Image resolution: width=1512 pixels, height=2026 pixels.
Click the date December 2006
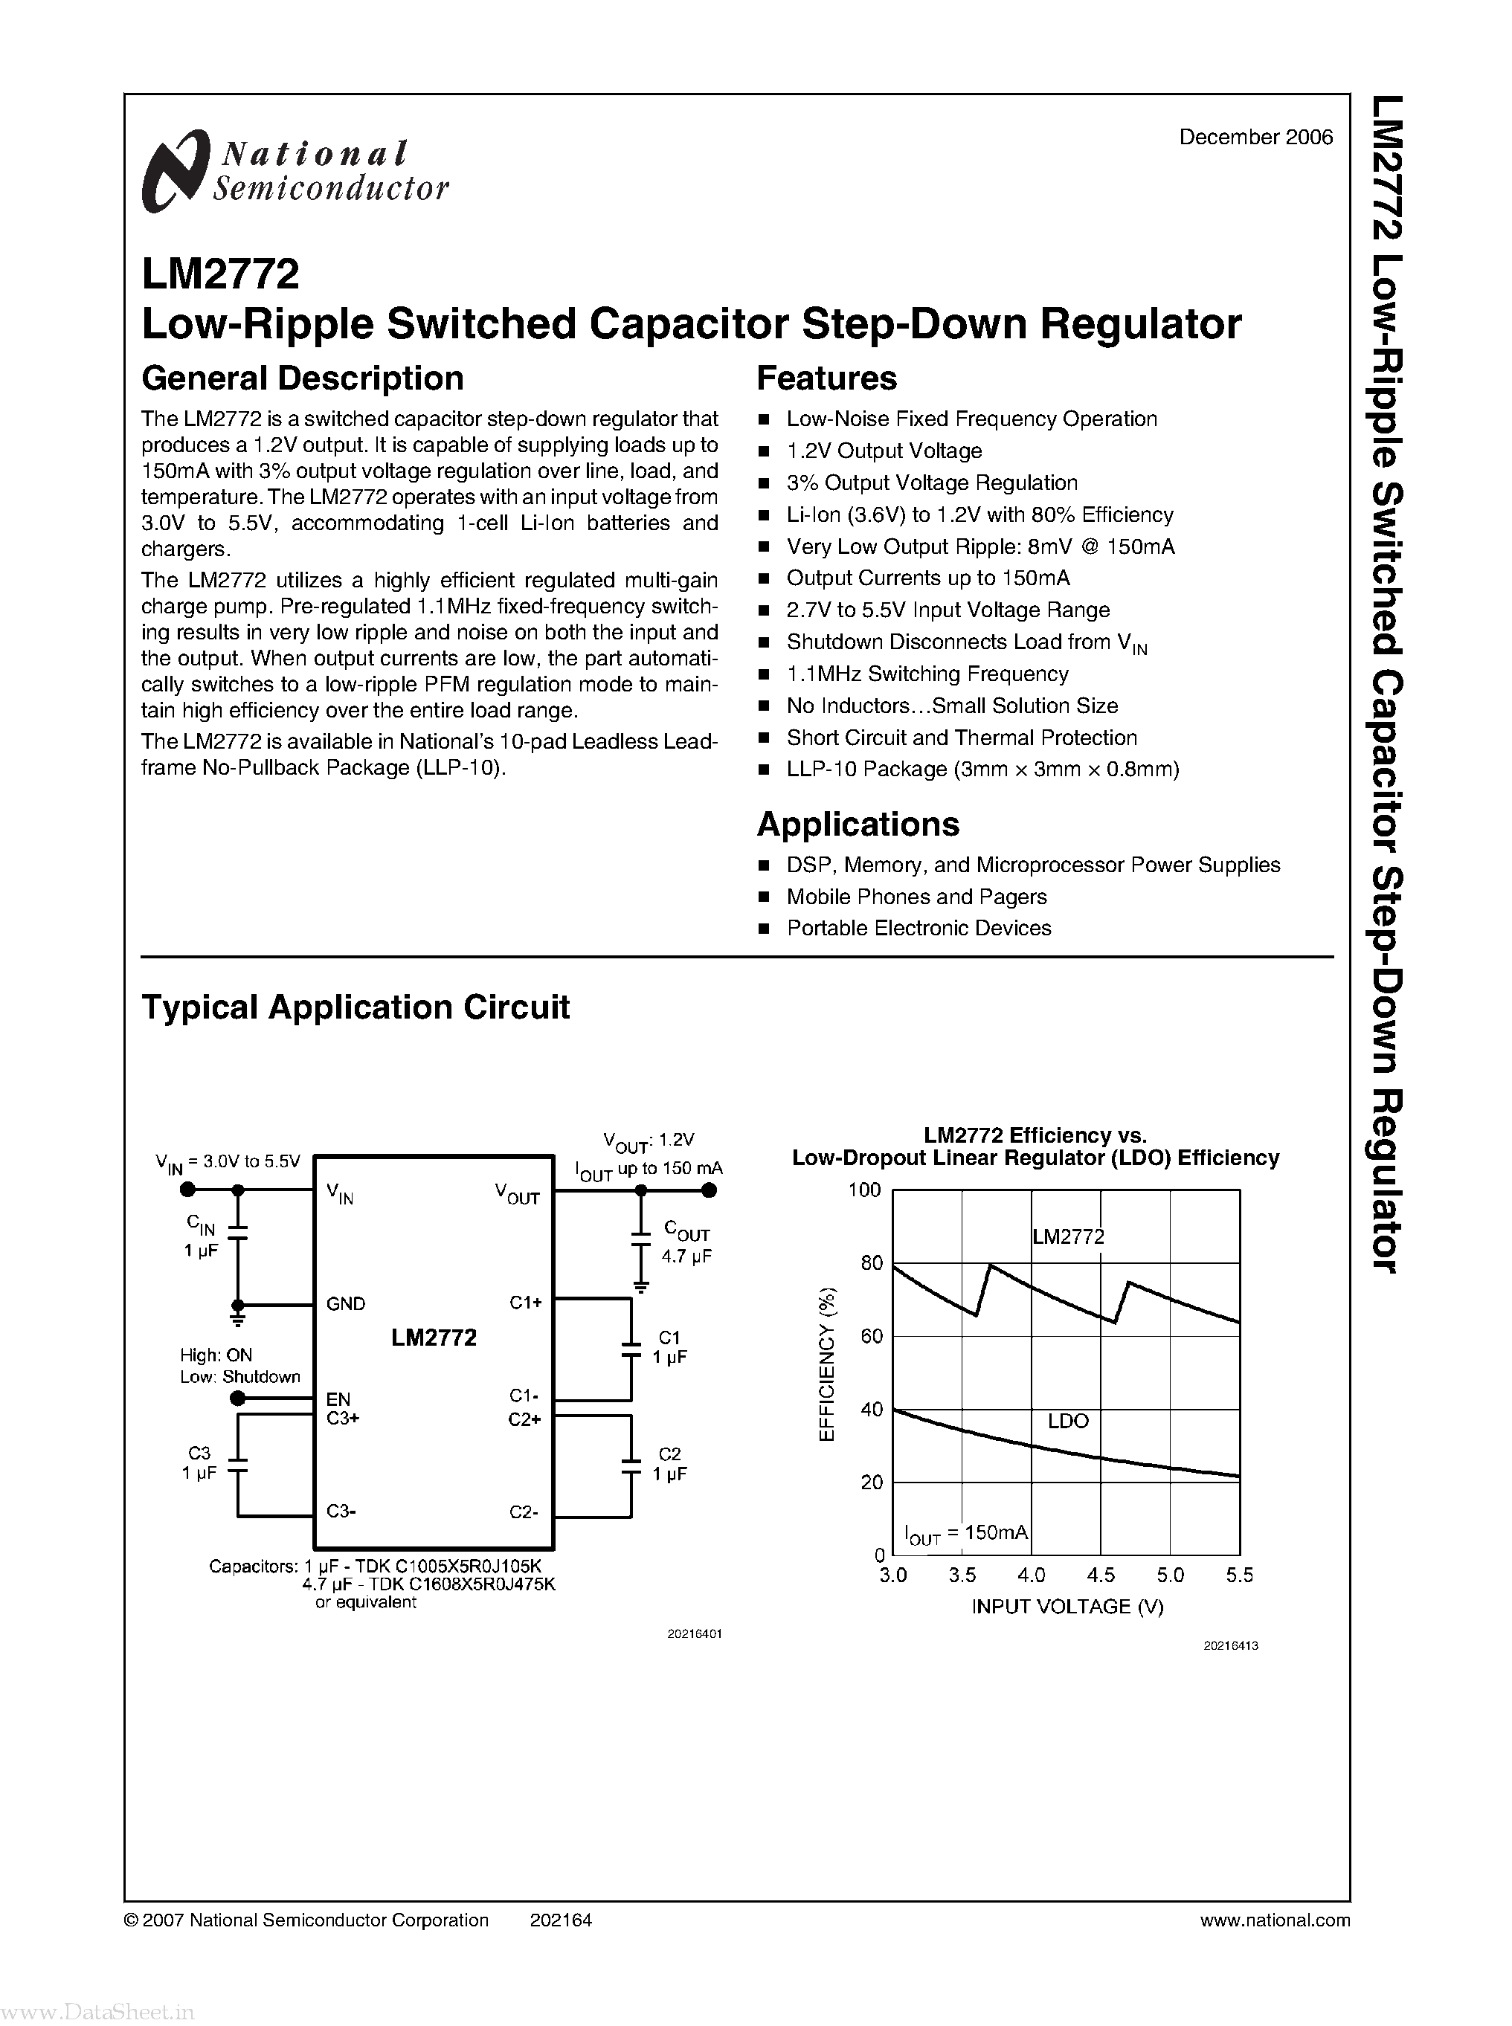pyautogui.click(x=1255, y=138)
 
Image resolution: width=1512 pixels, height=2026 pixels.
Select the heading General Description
pyautogui.click(x=302, y=378)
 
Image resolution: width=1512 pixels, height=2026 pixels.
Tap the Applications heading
pyautogui.click(x=858, y=825)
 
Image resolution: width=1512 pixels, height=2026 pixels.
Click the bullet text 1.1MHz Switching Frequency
pyautogui.click(x=927, y=674)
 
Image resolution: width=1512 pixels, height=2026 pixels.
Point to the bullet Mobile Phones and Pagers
pyautogui.click(x=916, y=897)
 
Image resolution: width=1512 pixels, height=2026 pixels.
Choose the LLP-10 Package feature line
pyautogui.click(x=982, y=769)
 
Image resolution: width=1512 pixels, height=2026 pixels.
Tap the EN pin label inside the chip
pyautogui.click(x=338, y=1398)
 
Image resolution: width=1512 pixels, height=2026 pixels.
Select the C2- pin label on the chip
pyautogui.click(x=524, y=1512)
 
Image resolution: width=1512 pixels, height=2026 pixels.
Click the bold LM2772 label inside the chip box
pyautogui.click(x=434, y=1338)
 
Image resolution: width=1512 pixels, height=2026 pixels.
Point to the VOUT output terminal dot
pyautogui.click(x=709, y=1190)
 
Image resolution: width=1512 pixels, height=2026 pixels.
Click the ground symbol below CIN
pyautogui.click(x=238, y=1320)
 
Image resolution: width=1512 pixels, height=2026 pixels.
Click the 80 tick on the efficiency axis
pyautogui.click(x=872, y=1263)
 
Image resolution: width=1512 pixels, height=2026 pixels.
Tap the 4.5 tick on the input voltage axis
pyautogui.click(x=1100, y=1575)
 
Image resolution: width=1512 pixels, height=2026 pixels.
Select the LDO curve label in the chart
pyautogui.click(x=1067, y=1421)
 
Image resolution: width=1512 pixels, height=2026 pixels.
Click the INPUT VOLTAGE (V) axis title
pyautogui.click(x=1067, y=1607)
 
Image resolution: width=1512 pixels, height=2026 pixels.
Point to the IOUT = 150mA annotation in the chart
pyautogui.click(x=965, y=1533)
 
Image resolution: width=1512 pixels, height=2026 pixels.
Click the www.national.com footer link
pyautogui.click(x=1274, y=1920)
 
